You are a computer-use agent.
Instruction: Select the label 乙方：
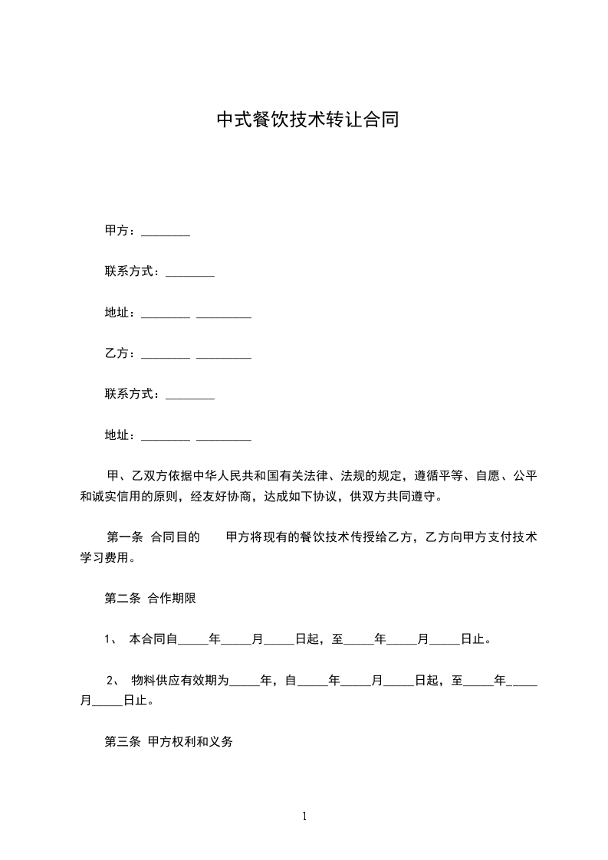[x=120, y=354]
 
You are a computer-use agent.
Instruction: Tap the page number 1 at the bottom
[x=304, y=816]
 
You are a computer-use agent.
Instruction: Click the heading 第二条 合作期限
[x=150, y=599]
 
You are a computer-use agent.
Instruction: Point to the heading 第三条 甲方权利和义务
[x=168, y=742]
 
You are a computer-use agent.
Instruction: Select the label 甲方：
[x=120, y=231]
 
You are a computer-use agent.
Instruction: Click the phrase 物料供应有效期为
[x=180, y=680]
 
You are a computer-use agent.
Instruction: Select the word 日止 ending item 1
[x=472, y=639]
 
